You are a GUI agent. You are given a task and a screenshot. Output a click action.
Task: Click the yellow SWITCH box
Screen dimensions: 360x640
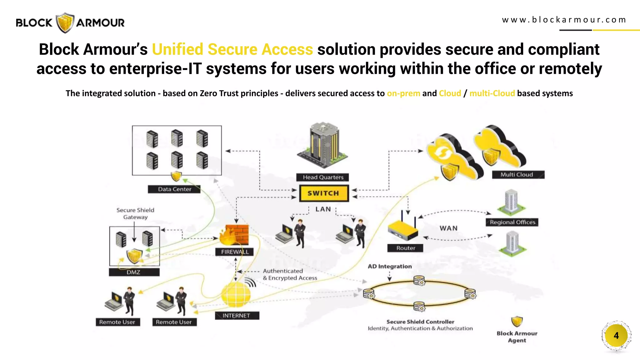[324, 193]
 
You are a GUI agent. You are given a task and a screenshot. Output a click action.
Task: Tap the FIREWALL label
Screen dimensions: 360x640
[235, 252]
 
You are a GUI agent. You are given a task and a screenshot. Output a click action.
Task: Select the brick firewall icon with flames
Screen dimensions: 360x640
[235, 235]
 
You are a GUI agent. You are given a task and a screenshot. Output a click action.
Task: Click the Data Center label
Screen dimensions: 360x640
[174, 189]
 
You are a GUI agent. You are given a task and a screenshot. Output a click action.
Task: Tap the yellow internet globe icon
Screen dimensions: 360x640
[236, 295]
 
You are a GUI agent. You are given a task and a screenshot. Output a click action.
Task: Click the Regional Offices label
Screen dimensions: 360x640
[512, 222]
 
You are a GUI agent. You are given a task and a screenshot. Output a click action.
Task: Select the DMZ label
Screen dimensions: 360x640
[134, 272]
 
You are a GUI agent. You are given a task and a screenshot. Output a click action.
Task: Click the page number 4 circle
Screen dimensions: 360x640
[616, 336]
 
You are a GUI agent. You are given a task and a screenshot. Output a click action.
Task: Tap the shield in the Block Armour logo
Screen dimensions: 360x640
[65, 22]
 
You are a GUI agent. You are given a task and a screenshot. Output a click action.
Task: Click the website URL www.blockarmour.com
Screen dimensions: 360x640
[564, 20]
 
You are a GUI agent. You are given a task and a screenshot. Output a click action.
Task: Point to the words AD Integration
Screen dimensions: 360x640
[389, 267]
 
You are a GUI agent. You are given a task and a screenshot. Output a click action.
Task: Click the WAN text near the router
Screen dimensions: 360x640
[448, 228]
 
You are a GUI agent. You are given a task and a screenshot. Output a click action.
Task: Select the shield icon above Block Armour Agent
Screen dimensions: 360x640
[517, 321]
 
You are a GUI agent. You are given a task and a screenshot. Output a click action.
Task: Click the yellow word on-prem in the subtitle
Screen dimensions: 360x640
[403, 93]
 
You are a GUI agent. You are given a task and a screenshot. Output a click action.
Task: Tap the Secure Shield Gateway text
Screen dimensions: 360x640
[135, 213]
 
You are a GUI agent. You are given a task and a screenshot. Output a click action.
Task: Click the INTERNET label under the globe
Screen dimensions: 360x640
[237, 316]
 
